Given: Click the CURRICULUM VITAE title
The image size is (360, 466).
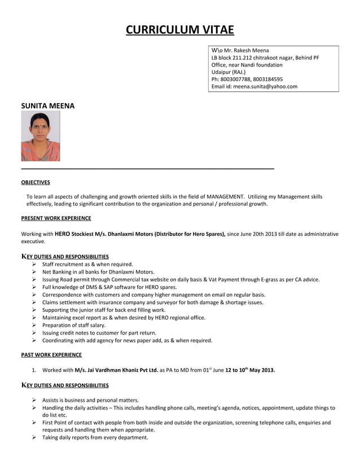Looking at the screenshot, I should pyautogui.click(x=179, y=29).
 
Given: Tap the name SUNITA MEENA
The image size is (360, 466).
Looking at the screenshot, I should pyautogui.click(x=47, y=105).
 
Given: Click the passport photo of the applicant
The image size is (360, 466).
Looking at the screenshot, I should pyautogui.click(x=40, y=136).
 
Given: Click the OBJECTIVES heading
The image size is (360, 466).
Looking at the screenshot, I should pyautogui.click(x=36, y=182).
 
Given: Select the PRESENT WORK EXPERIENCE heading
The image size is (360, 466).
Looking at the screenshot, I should pyautogui.click(x=56, y=218).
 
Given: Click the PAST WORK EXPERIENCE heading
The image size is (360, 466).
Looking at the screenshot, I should pyautogui.click(x=51, y=355).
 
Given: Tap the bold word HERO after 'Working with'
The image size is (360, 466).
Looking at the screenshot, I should pyautogui.click(x=62, y=233).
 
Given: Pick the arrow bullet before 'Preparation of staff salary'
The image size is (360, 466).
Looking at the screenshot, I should pyautogui.click(x=35, y=326).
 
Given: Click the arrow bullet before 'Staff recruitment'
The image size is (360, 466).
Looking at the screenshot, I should pyautogui.click(x=35, y=264).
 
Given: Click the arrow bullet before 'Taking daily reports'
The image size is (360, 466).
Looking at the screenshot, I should pyautogui.click(x=35, y=437).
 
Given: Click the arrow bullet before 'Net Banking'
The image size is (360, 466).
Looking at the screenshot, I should pyautogui.click(x=35, y=272).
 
